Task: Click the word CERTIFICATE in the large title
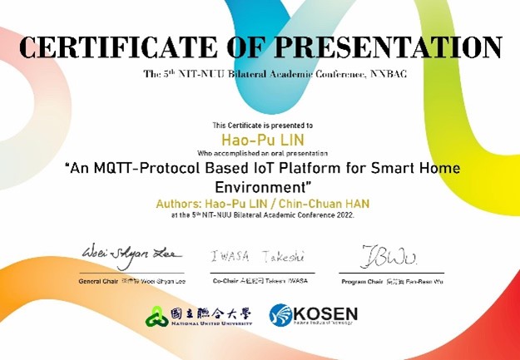[117, 47]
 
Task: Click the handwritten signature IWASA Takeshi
[258, 256]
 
